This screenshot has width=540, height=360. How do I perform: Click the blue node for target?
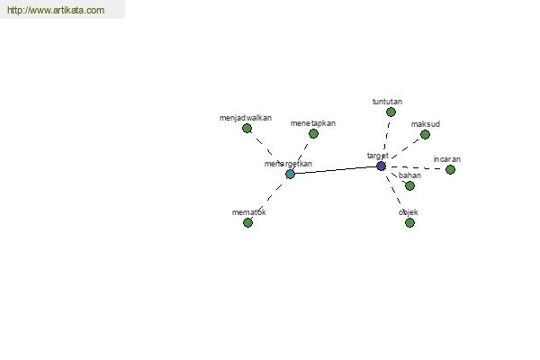[x=381, y=166]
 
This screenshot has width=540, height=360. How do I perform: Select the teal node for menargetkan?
[x=291, y=174]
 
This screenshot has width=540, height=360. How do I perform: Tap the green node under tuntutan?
[x=391, y=112]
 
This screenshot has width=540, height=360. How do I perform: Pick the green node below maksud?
[x=425, y=134]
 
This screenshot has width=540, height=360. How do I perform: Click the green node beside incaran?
[x=450, y=169]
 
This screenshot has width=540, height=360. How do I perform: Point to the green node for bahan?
[x=409, y=186]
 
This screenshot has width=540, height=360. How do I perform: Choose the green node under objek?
[x=409, y=223]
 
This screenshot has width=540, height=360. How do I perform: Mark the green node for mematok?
[x=248, y=223]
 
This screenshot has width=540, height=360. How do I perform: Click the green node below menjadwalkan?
[x=247, y=129]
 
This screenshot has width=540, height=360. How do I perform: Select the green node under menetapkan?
[x=313, y=134]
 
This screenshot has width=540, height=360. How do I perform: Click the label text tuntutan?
[x=387, y=102]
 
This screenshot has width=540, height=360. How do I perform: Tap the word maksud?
[x=426, y=124]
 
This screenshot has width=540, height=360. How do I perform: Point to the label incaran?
[x=447, y=159]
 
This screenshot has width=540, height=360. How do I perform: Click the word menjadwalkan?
[x=246, y=118]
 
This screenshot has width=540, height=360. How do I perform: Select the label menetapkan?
[x=312, y=123]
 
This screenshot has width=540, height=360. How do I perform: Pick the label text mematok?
[x=249, y=212]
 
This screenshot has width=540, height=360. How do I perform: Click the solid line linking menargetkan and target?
[x=336, y=170]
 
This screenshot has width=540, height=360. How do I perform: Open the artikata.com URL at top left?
[x=56, y=10]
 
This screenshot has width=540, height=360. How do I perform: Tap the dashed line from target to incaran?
[x=416, y=168]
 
